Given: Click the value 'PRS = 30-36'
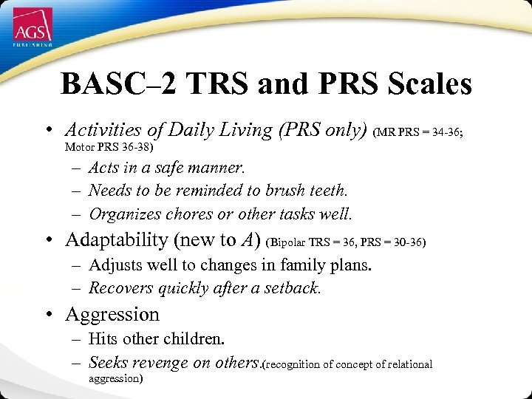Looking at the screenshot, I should pos(396,242).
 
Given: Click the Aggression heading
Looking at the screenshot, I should pos(112,315).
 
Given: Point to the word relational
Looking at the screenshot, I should pos(405,364).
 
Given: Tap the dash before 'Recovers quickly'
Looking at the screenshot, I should pos(76,288).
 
